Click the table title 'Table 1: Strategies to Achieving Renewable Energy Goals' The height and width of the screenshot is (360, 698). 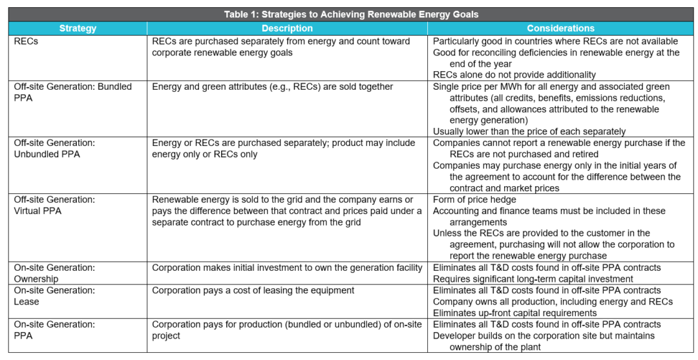(x=351, y=14)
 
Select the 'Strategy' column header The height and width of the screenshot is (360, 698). (x=78, y=28)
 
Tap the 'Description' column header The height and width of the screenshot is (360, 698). (x=287, y=28)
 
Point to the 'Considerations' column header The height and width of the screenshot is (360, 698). (x=560, y=28)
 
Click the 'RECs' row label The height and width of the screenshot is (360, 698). (x=26, y=41)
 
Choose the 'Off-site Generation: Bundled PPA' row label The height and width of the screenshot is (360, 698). (x=72, y=92)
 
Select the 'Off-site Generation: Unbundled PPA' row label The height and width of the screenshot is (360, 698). (x=54, y=149)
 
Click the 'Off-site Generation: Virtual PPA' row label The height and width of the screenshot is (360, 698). (x=54, y=205)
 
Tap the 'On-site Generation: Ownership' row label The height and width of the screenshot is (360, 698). (x=54, y=273)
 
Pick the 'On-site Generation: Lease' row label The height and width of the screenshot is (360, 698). (x=54, y=295)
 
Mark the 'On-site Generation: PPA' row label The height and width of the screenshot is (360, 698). (x=54, y=330)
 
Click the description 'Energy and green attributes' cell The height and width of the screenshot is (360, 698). (x=272, y=87)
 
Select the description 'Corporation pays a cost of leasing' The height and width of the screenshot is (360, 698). (x=254, y=290)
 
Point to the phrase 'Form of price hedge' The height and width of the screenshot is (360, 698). (x=474, y=200)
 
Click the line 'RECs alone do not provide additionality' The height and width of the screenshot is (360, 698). (x=514, y=75)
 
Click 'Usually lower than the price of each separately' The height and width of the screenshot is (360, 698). (x=529, y=131)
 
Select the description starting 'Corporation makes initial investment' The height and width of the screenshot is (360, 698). (x=287, y=268)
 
